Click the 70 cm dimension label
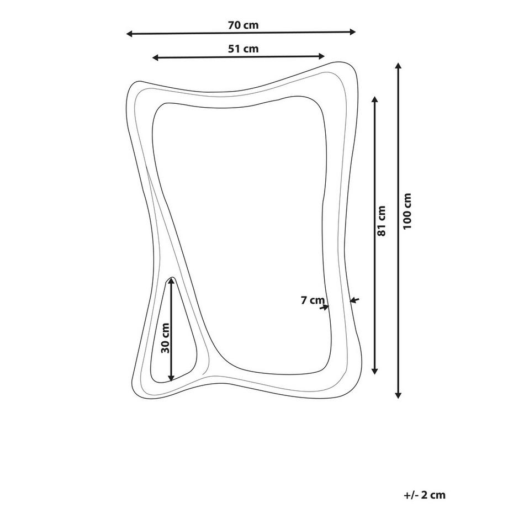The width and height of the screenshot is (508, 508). [244, 25]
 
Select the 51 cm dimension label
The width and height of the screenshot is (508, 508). [244, 49]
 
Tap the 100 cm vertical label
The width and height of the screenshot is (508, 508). [407, 211]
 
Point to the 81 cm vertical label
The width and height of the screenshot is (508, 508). [382, 221]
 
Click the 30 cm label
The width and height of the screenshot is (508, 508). [165, 338]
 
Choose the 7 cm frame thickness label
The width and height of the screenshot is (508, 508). [313, 300]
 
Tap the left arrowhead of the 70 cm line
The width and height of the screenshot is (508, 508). [130, 34]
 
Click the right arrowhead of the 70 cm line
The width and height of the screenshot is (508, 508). [352, 32]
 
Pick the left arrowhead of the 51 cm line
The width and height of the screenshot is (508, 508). [156, 58]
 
